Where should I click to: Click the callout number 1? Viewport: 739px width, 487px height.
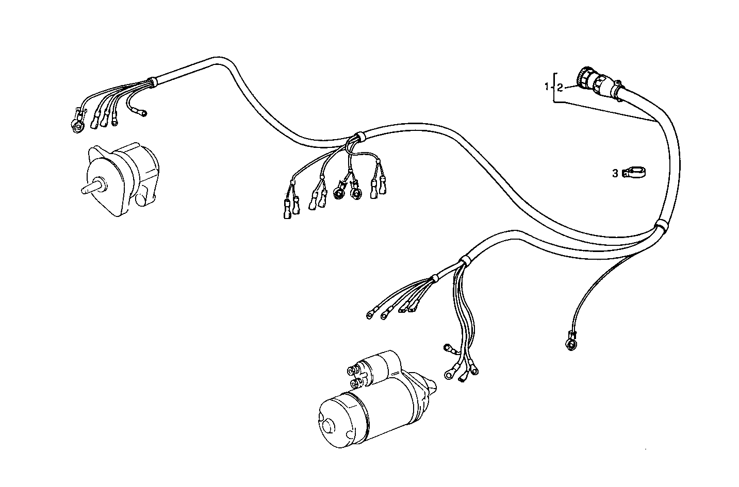click(x=547, y=87)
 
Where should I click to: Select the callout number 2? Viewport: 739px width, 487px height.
click(x=560, y=87)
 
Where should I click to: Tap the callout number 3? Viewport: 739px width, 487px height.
click(x=615, y=174)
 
